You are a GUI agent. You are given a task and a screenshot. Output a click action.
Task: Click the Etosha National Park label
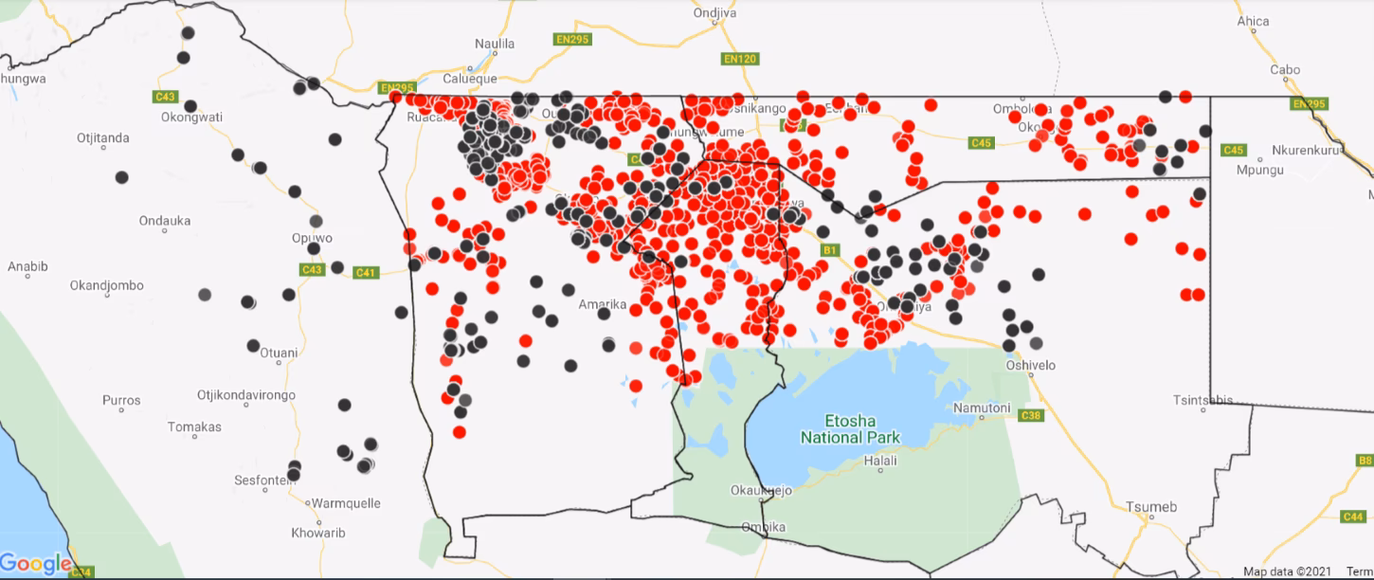pyautogui.click(x=850, y=429)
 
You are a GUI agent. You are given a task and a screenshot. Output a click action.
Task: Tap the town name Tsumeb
pyautogui.click(x=1151, y=507)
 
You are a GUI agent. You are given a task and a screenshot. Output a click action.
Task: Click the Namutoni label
pyautogui.click(x=981, y=408)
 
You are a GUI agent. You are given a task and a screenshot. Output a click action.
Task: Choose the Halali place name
pyautogui.click(x=880, y=461)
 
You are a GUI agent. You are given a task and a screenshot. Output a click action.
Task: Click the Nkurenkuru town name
pyautogui.click(x=1311, y=150)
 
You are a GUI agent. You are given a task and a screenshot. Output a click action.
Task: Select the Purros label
pyautogui.click(x=122, y=401)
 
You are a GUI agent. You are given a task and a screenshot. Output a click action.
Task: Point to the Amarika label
pyautogui.click(x=603, y=304)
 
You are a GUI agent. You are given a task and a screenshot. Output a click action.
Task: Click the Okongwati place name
pyautogui.click(x=191, y=118)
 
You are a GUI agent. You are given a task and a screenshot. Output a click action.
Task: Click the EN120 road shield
pyautogui.click(x=739, y=59)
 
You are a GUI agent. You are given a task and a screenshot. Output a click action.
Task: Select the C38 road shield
pyautogui.click(x=1030, y=415)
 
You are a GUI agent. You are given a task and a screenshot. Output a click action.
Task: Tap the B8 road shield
pyautogui.click(x=1365, y=461)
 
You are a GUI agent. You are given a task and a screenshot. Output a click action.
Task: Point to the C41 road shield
pyautogui.click(x=366, y=273)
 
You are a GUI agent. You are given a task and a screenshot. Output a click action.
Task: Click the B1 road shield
pyautogui.click(x=830, y=250)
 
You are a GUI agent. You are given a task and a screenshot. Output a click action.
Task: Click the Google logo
pyautogui.click(x=36, y=564)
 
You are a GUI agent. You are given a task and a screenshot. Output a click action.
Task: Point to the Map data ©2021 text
pyautogui.click(x=1287, y=571)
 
